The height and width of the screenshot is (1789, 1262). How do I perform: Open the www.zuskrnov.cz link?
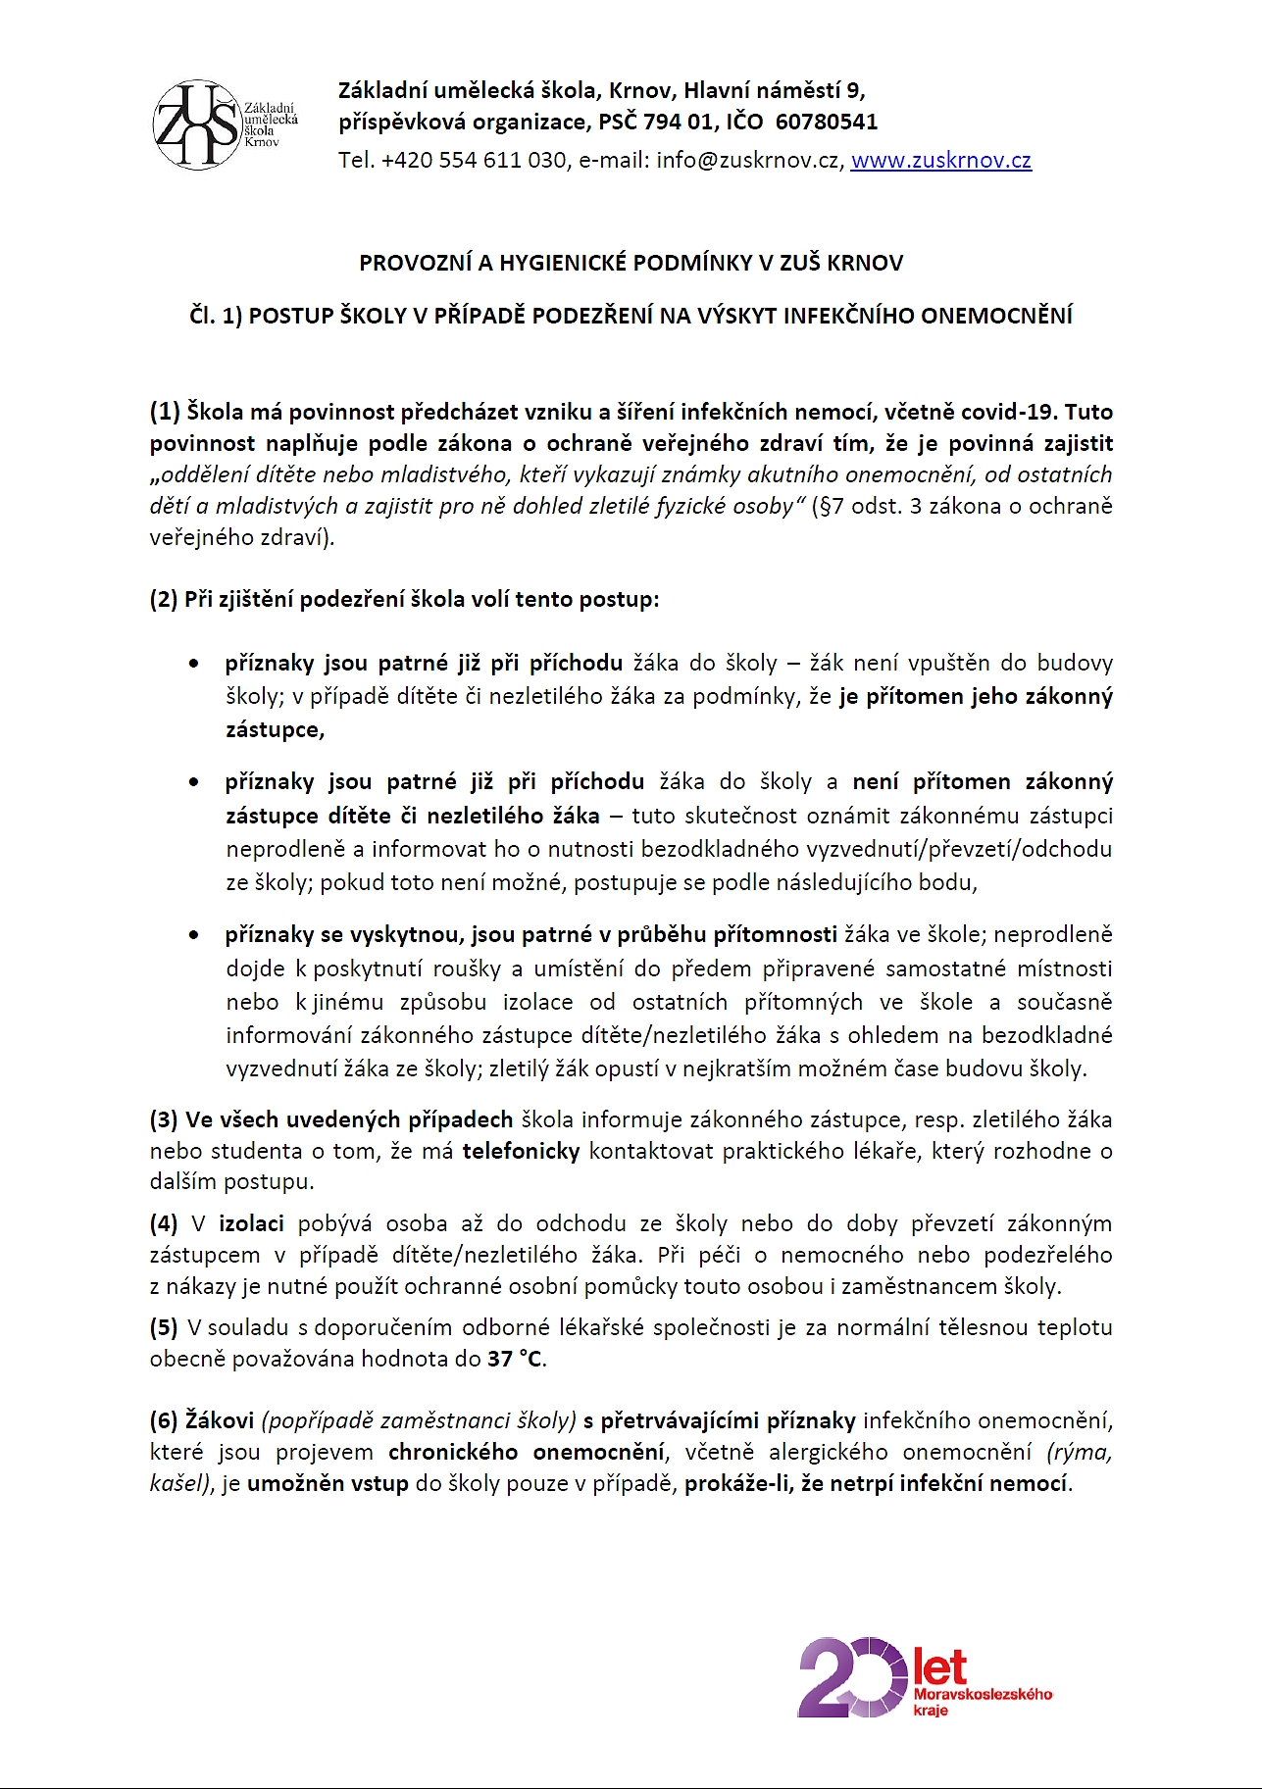pos(940,161)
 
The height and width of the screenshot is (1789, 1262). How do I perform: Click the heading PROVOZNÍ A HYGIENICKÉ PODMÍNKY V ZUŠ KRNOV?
pos(631,263)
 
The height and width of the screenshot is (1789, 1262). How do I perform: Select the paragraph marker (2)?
pos(164,599)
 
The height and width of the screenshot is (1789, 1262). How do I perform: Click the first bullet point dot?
pos(194,665)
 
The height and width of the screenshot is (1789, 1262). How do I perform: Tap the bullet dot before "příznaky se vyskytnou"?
pos(194,936)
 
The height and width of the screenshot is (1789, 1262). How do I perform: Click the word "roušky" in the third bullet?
pos(474,969)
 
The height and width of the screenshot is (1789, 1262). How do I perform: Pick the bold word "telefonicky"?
pos(521,1151)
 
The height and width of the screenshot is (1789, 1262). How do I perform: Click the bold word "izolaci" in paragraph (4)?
pos(251,1223)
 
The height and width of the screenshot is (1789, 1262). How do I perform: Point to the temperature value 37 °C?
pos(515,1359)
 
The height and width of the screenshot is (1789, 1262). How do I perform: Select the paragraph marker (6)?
pos(164,1420)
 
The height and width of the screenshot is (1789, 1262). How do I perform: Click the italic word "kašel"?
pos(179,1483)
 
